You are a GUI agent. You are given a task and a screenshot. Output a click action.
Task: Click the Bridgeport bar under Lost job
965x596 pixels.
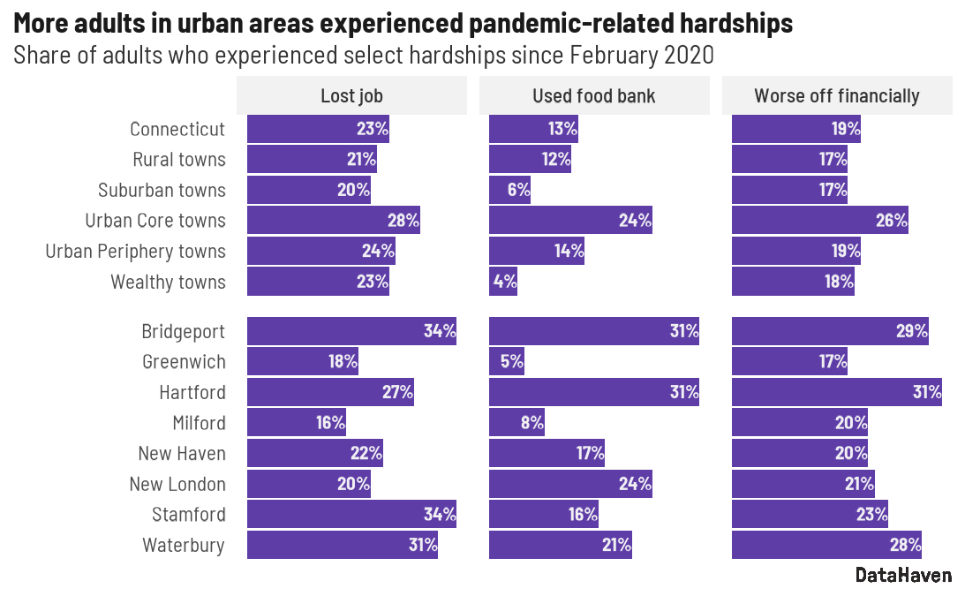click(x=351, y=331)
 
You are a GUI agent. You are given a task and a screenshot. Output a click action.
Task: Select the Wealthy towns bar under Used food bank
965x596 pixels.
click(x=503, y=282)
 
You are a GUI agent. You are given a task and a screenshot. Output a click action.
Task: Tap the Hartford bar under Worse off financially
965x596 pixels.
click(x=836, y=392)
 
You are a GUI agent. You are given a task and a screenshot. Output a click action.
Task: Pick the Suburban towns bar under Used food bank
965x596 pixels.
click(x=509, y=190)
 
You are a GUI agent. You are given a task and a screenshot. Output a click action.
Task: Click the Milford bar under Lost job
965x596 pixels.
click(x=296, y=423)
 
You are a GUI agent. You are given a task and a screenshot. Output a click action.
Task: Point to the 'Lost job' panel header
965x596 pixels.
click(x=351, y=95)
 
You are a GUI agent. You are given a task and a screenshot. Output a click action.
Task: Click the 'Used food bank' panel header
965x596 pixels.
click(x=593, y=95)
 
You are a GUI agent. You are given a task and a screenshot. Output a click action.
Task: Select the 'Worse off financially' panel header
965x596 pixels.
click(x=836, y=95)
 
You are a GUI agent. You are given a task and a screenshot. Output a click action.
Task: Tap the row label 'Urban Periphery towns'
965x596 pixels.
click(x=136, y=251)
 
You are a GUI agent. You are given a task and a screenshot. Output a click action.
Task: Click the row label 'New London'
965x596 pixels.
click(x=177, y=484)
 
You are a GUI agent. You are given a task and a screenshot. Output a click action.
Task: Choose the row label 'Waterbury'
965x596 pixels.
click(x=184, y=545)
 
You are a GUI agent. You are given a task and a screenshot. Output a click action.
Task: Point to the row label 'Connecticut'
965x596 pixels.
click(x=177, y=129)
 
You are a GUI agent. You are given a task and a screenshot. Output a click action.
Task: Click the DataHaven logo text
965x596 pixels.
click(x=903, y=575)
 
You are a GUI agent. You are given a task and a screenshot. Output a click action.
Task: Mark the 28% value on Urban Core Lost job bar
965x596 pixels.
click(x=403, y=221)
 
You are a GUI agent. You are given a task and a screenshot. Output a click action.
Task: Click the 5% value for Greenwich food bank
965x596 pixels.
click(x=511, y=361)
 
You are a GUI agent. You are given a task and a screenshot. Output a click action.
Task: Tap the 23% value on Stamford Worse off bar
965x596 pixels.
click(x=871, y=515)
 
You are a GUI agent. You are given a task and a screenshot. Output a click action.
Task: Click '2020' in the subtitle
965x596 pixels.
click(x=688, y=55)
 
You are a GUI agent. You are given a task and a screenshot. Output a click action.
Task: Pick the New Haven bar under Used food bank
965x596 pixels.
click(x=547, y=453)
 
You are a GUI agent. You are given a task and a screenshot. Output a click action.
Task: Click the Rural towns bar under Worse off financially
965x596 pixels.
click(x=789, y=160)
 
